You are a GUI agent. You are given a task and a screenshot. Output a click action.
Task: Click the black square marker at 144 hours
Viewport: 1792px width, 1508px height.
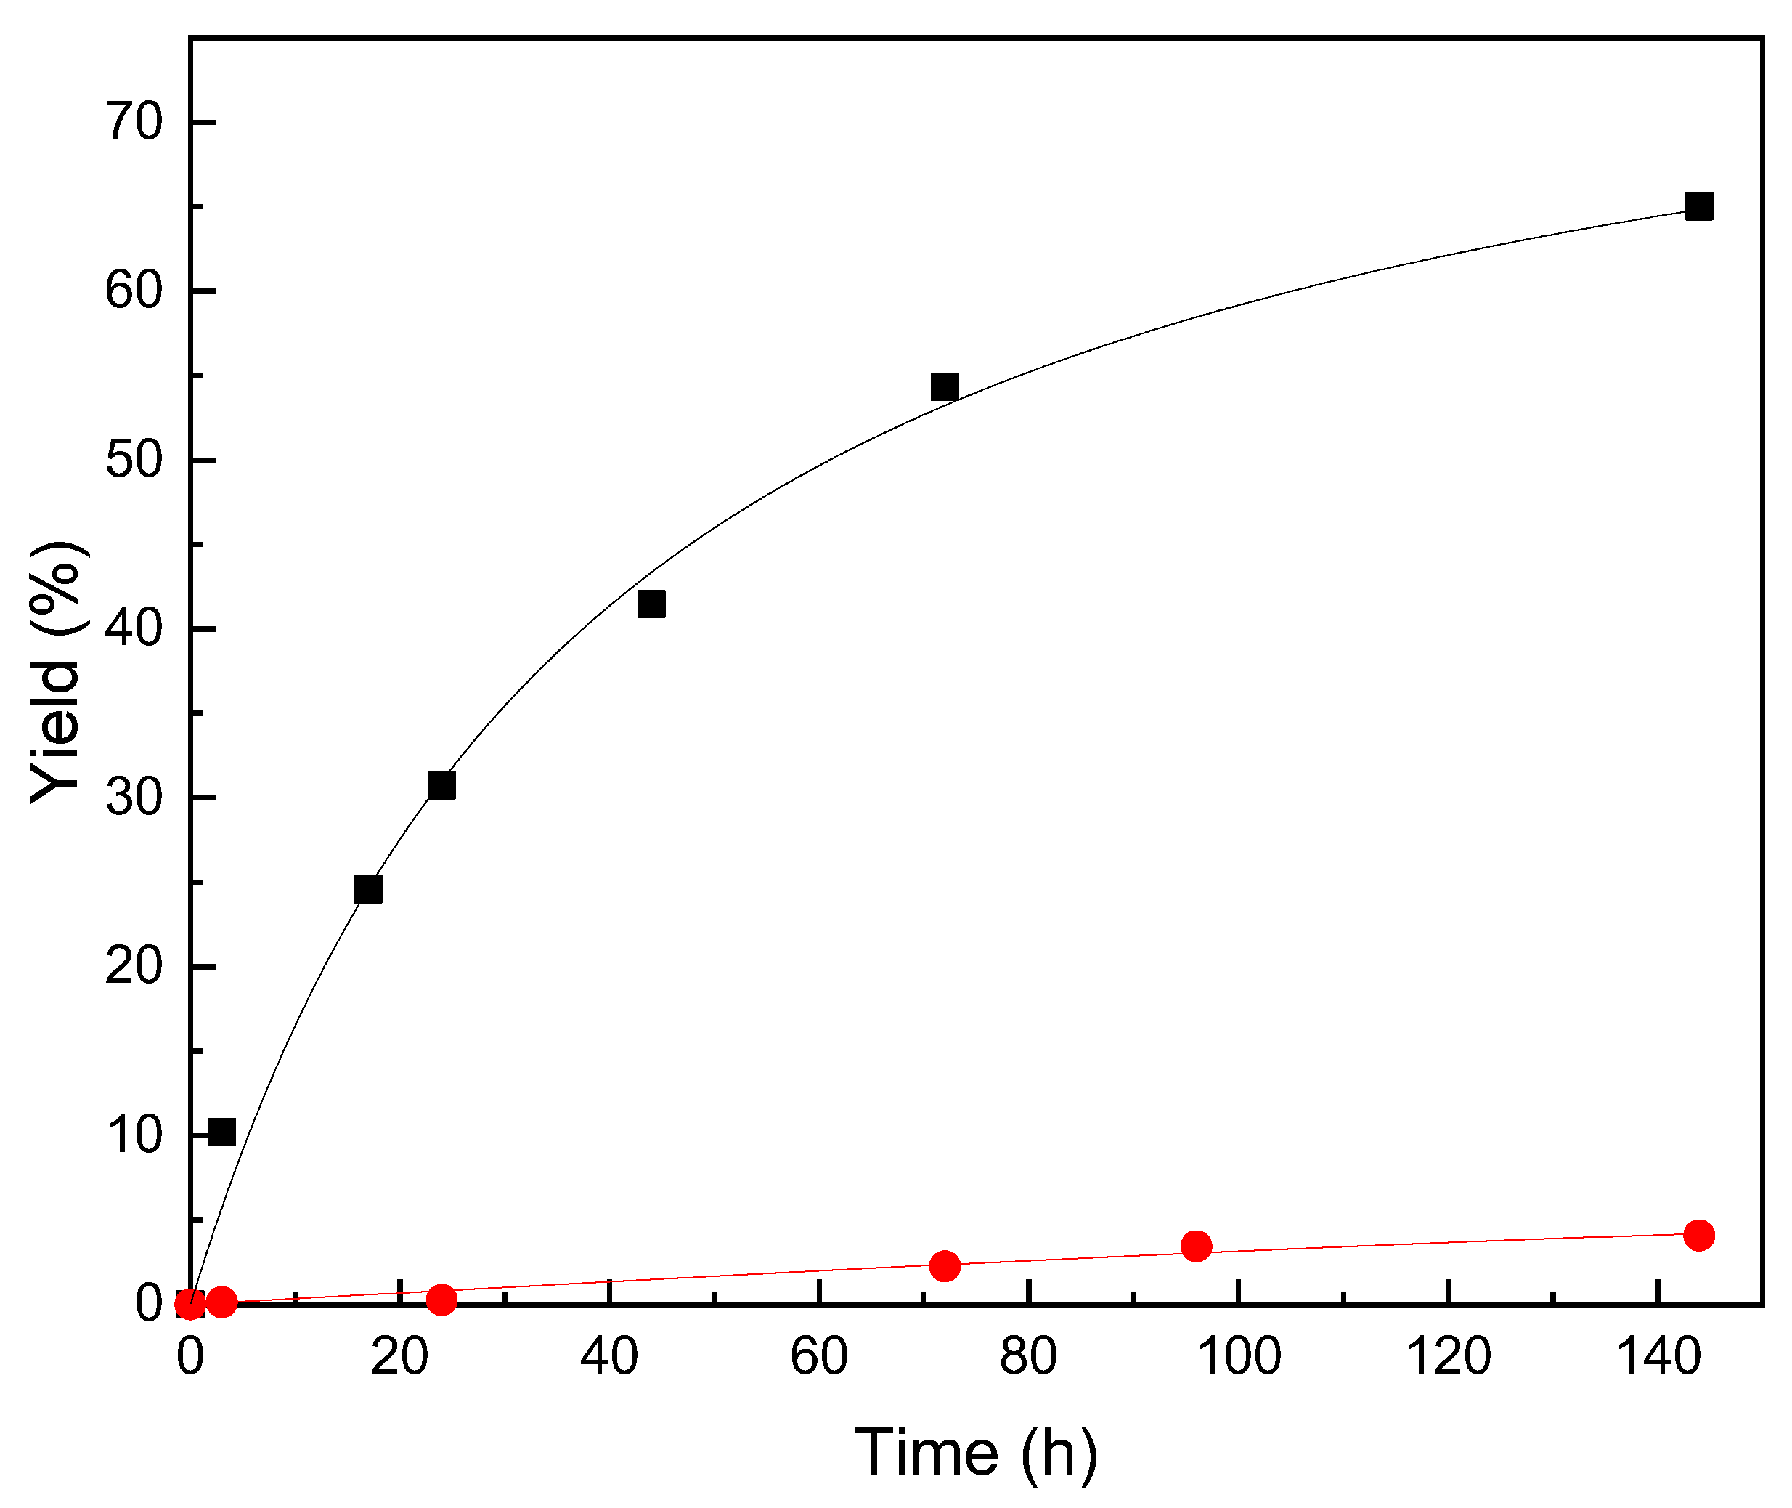coord(1699,207)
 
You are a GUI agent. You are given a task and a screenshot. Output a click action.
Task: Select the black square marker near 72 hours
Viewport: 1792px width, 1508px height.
coord(944,386)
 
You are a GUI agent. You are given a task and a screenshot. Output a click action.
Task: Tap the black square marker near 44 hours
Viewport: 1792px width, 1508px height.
coord(651,604)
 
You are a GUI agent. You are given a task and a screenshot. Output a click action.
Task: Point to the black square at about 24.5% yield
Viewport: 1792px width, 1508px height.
coord(367,889)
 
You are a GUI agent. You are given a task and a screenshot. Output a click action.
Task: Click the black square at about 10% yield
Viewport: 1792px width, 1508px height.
coord(221,1132)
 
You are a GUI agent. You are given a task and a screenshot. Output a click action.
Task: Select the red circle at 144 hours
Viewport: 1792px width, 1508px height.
coord(1699,1236)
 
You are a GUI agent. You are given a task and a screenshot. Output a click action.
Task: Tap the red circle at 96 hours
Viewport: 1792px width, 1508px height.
coord(1197,1246)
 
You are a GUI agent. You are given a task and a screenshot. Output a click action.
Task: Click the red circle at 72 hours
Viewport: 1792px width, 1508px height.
coord(944,1266)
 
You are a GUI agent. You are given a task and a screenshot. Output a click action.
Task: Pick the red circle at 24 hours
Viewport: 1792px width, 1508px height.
coord(441,1300)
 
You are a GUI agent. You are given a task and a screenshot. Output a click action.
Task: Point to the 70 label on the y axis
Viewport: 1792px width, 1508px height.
coord(134,121)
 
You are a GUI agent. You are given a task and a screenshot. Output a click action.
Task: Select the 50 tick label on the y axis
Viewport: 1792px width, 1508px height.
coord(134,459)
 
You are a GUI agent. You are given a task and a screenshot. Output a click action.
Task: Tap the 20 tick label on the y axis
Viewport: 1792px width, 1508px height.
coord(134,966)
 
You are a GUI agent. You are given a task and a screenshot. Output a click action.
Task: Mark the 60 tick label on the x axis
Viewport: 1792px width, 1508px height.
coord(818,1357)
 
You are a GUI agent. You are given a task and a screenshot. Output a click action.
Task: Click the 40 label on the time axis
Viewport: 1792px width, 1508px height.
coord(608,1357)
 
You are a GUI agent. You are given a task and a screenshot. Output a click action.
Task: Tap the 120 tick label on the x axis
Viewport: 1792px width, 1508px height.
coord(1449,1357)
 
